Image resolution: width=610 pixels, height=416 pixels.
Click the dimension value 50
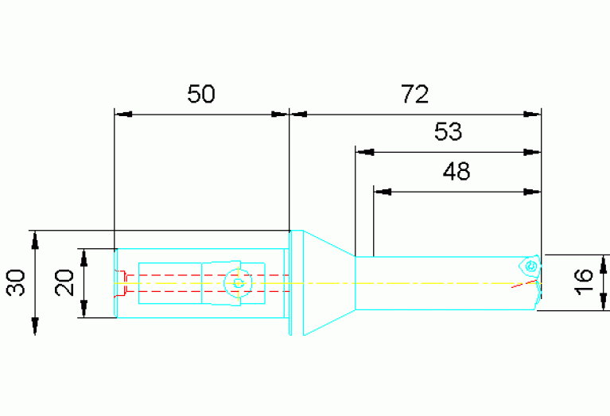(x=200, y=94)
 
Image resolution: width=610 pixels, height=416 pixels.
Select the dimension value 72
(x=414, y=94)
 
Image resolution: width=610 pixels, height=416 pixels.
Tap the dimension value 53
(x=449, y=131)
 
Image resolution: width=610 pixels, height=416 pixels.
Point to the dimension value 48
(x=457, y=171)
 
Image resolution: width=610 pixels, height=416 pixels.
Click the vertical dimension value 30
(x=16, y=282)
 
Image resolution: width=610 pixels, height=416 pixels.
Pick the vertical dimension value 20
(x=64, y=282)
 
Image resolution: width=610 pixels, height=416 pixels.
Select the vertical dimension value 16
(x=583, y=282)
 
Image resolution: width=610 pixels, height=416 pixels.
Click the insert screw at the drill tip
(x=530, y=266)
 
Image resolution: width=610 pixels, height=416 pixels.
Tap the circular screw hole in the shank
(x=238, y=283)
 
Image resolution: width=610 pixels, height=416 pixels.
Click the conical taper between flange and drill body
(x=329, y=283)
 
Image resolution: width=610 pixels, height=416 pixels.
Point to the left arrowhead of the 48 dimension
(x=383, y=192)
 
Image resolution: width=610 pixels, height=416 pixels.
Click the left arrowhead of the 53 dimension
(x=364, y=152)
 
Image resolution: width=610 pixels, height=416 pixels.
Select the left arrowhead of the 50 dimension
(x=124, y=115)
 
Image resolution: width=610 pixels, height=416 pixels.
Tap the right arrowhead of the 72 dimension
(x=532, y=115)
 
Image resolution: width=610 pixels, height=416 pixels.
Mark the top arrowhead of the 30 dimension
(x=35, y=239)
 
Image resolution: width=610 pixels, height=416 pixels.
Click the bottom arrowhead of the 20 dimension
(x=84, y=309)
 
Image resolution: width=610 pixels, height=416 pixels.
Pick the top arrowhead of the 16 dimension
(x=603, y=264)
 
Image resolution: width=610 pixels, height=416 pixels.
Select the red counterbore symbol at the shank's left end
(x=122, y=283)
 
